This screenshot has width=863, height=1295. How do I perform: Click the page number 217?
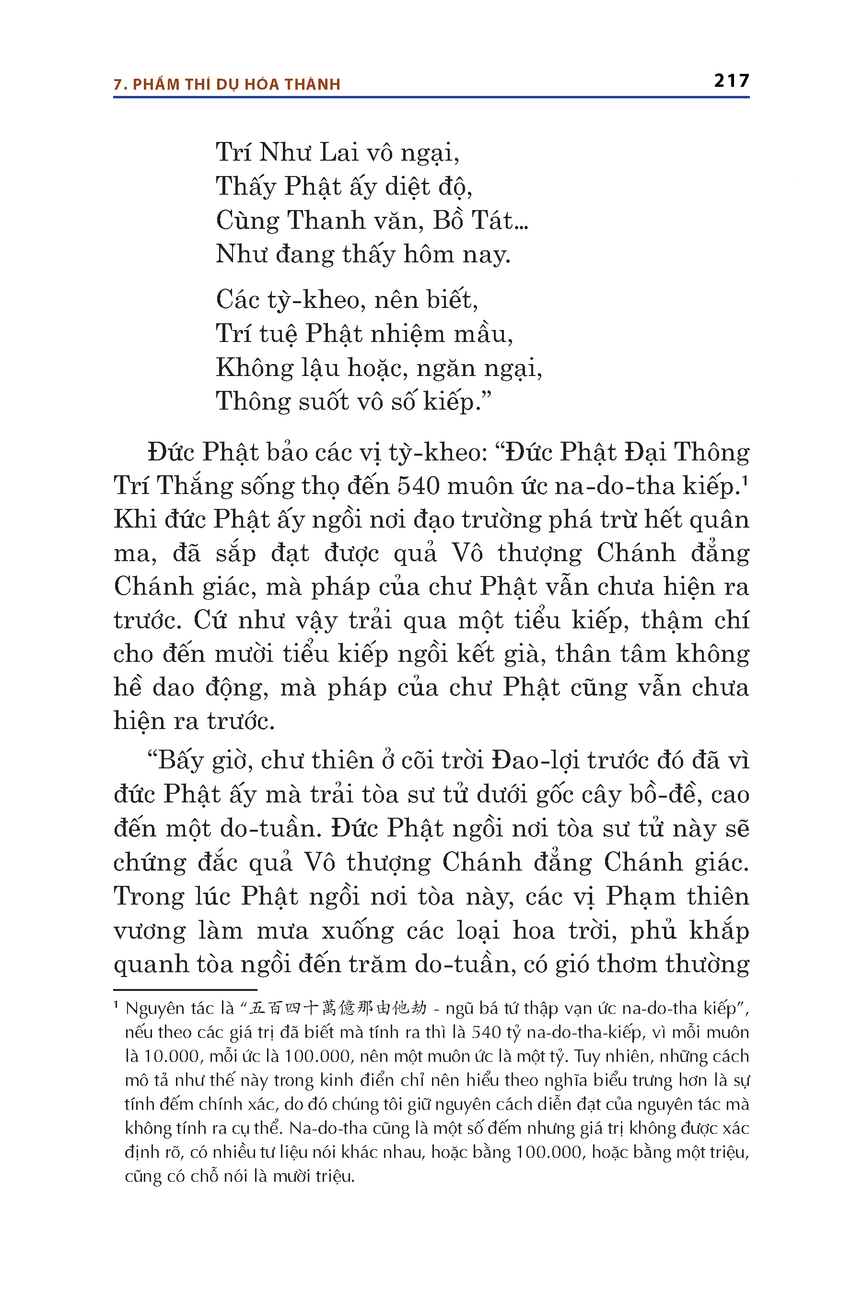click(732, 81)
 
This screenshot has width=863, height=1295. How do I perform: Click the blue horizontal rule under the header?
click(431, 97)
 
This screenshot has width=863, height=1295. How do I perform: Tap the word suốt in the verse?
click(324, 401)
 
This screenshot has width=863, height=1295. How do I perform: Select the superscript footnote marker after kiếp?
click(745, 480)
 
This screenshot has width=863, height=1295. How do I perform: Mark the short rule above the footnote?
click(185, 989)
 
